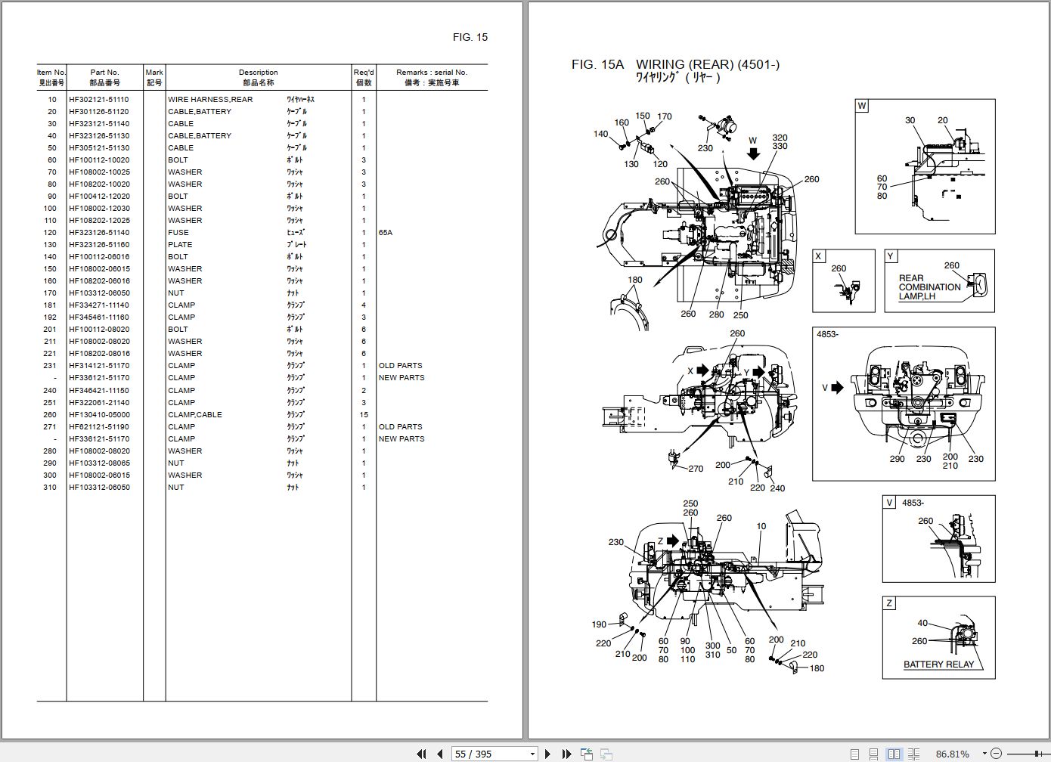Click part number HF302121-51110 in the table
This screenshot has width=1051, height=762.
coord(99,99)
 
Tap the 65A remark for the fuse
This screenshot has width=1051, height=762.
coord(386,232)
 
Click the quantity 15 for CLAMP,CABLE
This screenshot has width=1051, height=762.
coord(364,414)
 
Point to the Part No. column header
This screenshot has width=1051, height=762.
coord(104,77)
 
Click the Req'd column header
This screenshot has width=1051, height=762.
coord(364,77)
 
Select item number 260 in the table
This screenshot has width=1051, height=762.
coord(50,414)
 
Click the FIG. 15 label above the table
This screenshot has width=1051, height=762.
coord(470,37)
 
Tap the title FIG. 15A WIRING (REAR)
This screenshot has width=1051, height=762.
coord(675,65)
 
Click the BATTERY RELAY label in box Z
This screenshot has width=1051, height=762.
coord(938,664)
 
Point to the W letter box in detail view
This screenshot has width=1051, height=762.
coord(862,106)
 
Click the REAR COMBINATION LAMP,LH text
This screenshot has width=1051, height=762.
coord(929,287)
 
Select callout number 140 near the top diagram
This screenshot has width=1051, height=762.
coord(600,134)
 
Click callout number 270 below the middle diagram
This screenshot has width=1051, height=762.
coord(696,469)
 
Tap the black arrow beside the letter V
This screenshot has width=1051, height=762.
coord(837,388)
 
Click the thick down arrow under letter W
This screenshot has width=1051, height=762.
coord(753,153)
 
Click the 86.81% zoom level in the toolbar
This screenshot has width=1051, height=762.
coord(952,754)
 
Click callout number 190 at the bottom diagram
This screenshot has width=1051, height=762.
coord(599,624)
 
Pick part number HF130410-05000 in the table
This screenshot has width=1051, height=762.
coord(99,414)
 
